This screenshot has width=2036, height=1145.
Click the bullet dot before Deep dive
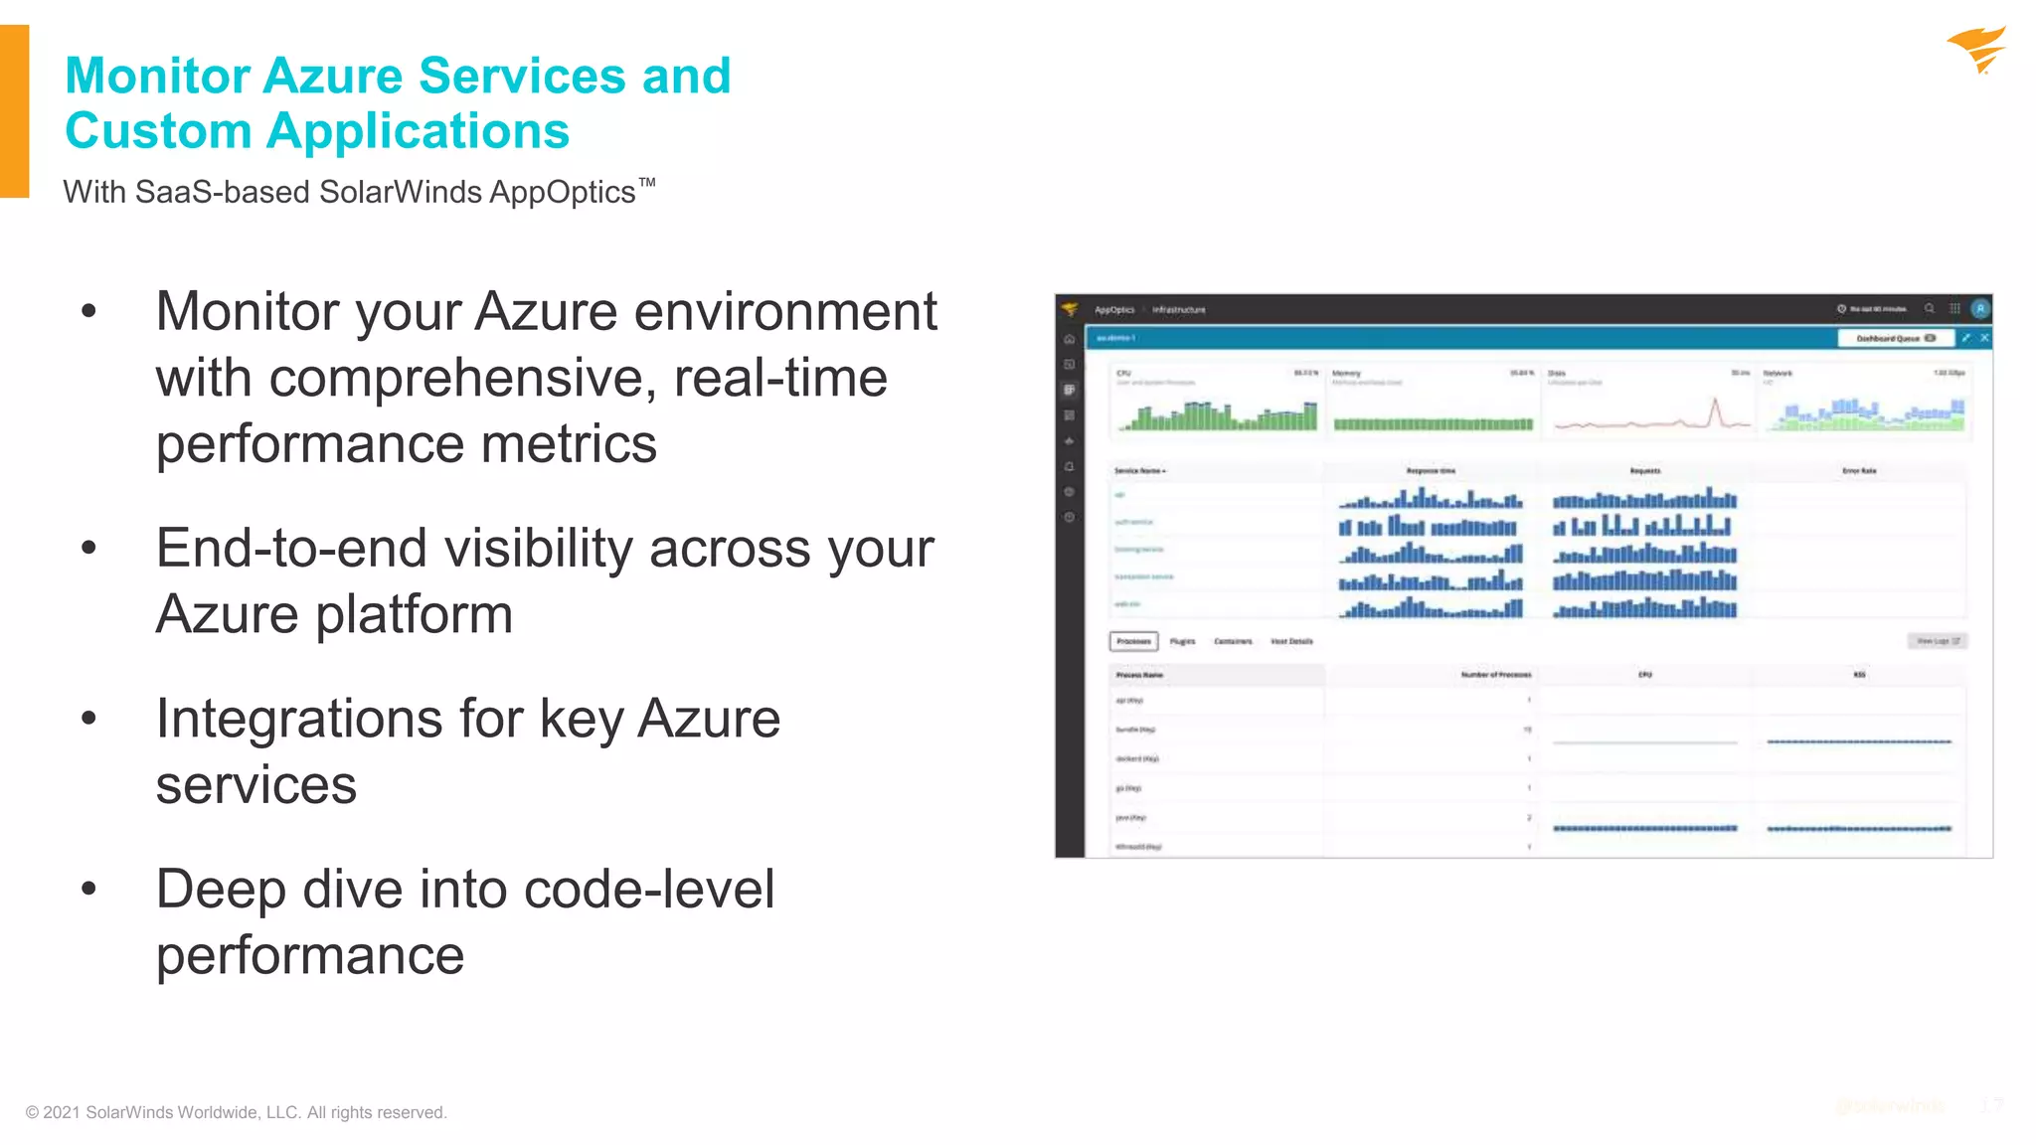tap(89, 888)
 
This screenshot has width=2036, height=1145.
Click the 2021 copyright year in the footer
tap(61, 1112)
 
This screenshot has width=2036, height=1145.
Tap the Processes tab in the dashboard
tap(1133, 641)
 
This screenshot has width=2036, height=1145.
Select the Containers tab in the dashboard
tap(1233, 641)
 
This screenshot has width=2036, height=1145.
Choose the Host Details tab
tap(1291, 641)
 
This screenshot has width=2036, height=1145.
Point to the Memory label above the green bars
tap(1346, 374)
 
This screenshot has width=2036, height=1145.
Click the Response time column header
tap(1431, 471)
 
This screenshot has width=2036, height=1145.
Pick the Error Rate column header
tap(1859, 471)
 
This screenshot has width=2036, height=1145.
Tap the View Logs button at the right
tap(1937, 641)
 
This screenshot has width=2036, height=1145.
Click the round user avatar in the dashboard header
tap(1980, 309)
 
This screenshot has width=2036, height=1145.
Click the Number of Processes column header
tap(1495, 675)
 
